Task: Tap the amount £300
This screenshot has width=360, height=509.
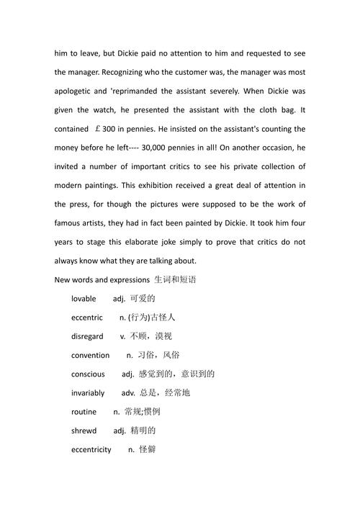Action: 107,129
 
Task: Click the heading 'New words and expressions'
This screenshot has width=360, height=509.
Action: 102,279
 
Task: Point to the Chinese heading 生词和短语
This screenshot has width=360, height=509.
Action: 176,279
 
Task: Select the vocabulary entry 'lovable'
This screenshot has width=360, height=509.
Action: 86,298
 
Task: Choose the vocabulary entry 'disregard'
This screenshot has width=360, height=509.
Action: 88,336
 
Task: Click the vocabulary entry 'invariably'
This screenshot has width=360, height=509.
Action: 89,392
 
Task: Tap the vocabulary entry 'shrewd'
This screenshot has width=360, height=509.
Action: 85,431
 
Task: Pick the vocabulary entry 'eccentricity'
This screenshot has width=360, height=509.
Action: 91,449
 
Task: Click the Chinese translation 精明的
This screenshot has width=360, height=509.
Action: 143,431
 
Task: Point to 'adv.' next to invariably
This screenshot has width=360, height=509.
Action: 129,392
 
